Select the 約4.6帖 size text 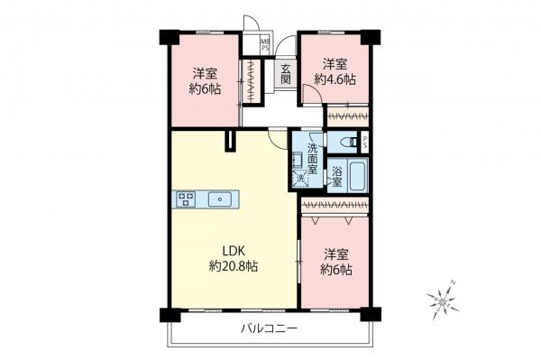pyautogui.click(x=335, y=79)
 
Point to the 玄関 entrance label pyautogui.click(x=285, y=75)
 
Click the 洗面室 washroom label pyautogui.click(x=312, y=159)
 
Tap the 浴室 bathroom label pyautogui.click(x=335, y=176)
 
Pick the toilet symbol pyautogui.click(x=343, y=142)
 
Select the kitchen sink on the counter pyautogui.click(x=219, y=199)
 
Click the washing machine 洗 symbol pyautogui.click(x=301, y=180)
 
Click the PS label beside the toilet pyautogui.click(x=364, y=142)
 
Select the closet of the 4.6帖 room pyautogui.click(x=346, y=115)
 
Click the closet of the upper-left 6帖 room pyautogui.click(x=251, y=81)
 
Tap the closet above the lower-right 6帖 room pyautogui.click(x=335, y=207)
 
